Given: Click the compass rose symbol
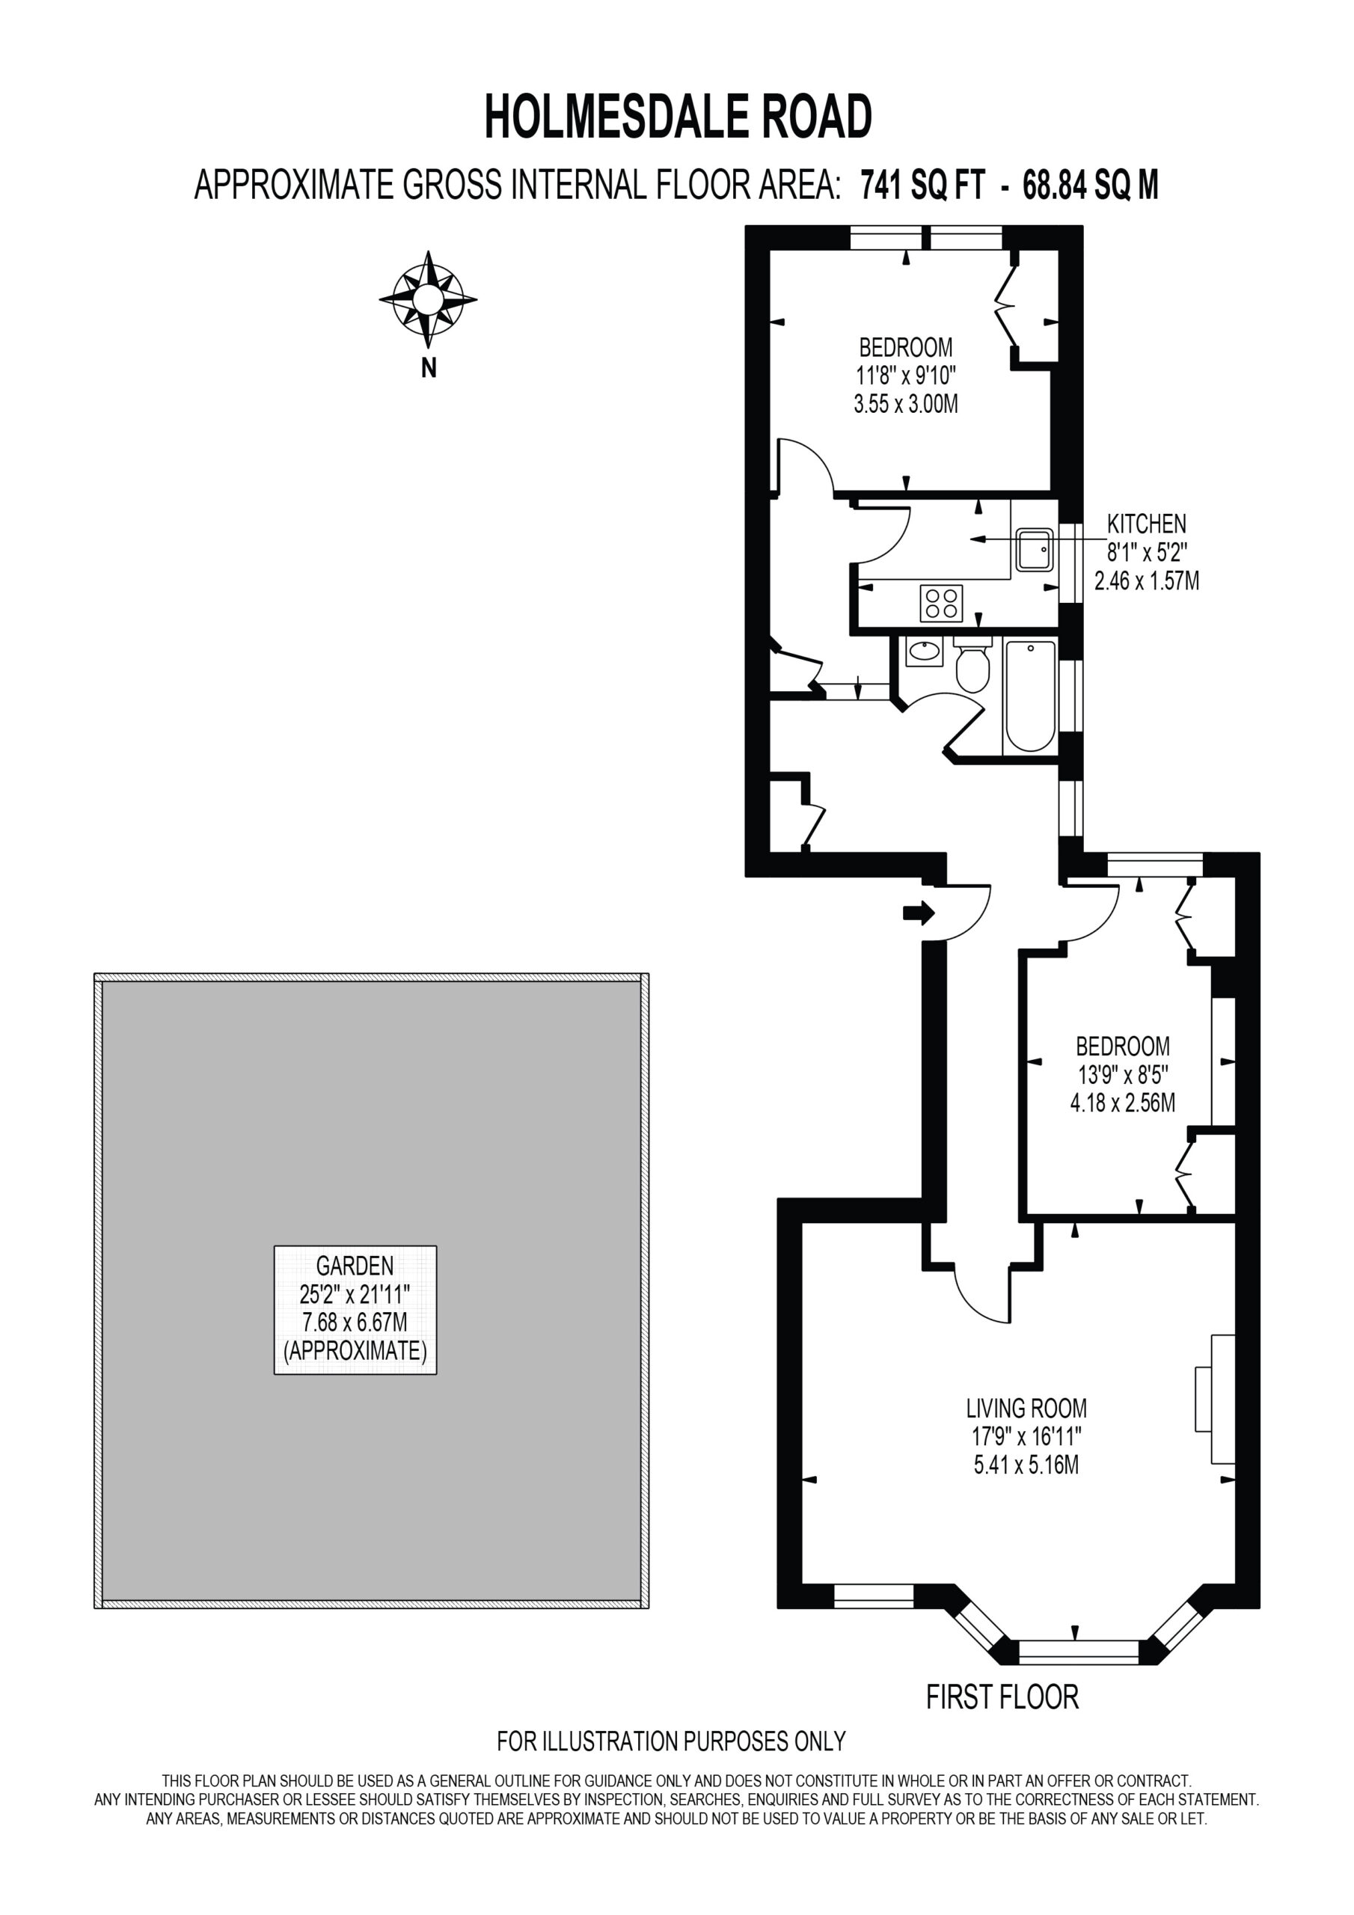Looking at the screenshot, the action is tap(428, 299).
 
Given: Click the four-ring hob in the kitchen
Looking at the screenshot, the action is tap(941, 603).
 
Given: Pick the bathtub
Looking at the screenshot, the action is tap(1030, 696).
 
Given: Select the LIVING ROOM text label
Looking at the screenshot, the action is tap(1026, 1409).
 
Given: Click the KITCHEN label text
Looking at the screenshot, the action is tap(1146, 524).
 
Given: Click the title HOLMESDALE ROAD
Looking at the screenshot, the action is tap(678, 117).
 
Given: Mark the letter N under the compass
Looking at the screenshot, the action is tap(429, 368).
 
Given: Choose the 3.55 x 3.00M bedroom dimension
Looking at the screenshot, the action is tap(906, 404).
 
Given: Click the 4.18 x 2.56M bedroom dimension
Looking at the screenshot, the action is tap(1123, 1103).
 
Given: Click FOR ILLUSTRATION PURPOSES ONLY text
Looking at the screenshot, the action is tap(672, 1741).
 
